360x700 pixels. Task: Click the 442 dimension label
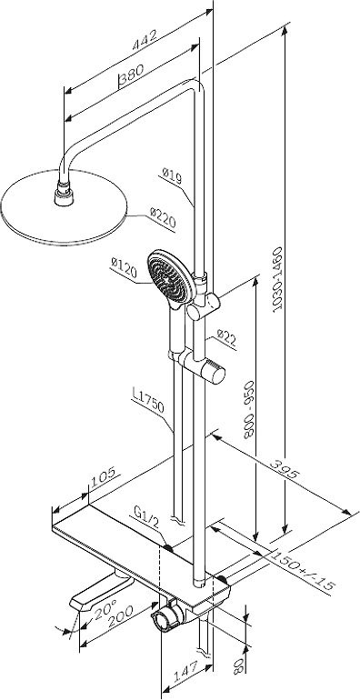pos(145,40)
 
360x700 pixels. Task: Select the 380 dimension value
pos(132,74)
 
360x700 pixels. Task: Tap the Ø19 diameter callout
pos(172,175)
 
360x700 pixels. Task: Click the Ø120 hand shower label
pos(124,268)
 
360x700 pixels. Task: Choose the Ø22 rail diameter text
pos(226,338)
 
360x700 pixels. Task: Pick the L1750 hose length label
pos(148,400)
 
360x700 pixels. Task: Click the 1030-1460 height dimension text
pos(278,278)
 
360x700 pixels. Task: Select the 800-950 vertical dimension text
pos(248,409)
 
